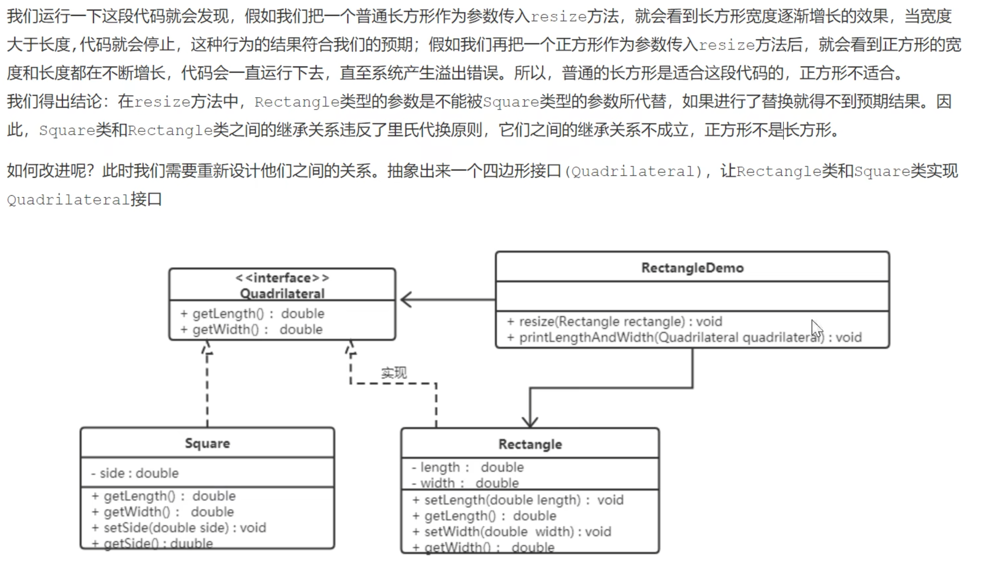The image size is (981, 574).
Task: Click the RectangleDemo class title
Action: click(692, 268)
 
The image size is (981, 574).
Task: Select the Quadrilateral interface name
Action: click(282, 293)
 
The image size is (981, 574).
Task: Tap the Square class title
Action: click(207, 443)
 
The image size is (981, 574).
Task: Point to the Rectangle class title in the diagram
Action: click(530, 444)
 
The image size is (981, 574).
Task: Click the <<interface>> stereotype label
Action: click(282, 278)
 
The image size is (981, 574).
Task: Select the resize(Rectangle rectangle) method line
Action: click(614, 322)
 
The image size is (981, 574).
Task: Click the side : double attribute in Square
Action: click(134, 473)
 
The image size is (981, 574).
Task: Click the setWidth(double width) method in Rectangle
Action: click(512, 532)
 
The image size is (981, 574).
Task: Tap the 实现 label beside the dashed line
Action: click(394, 373)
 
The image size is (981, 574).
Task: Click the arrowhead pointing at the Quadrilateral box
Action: click(406, 299)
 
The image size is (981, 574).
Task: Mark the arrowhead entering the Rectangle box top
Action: click(530, 422)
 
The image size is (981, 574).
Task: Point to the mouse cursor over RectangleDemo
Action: click(817, 329)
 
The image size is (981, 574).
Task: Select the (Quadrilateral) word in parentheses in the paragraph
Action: click(634, 172)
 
